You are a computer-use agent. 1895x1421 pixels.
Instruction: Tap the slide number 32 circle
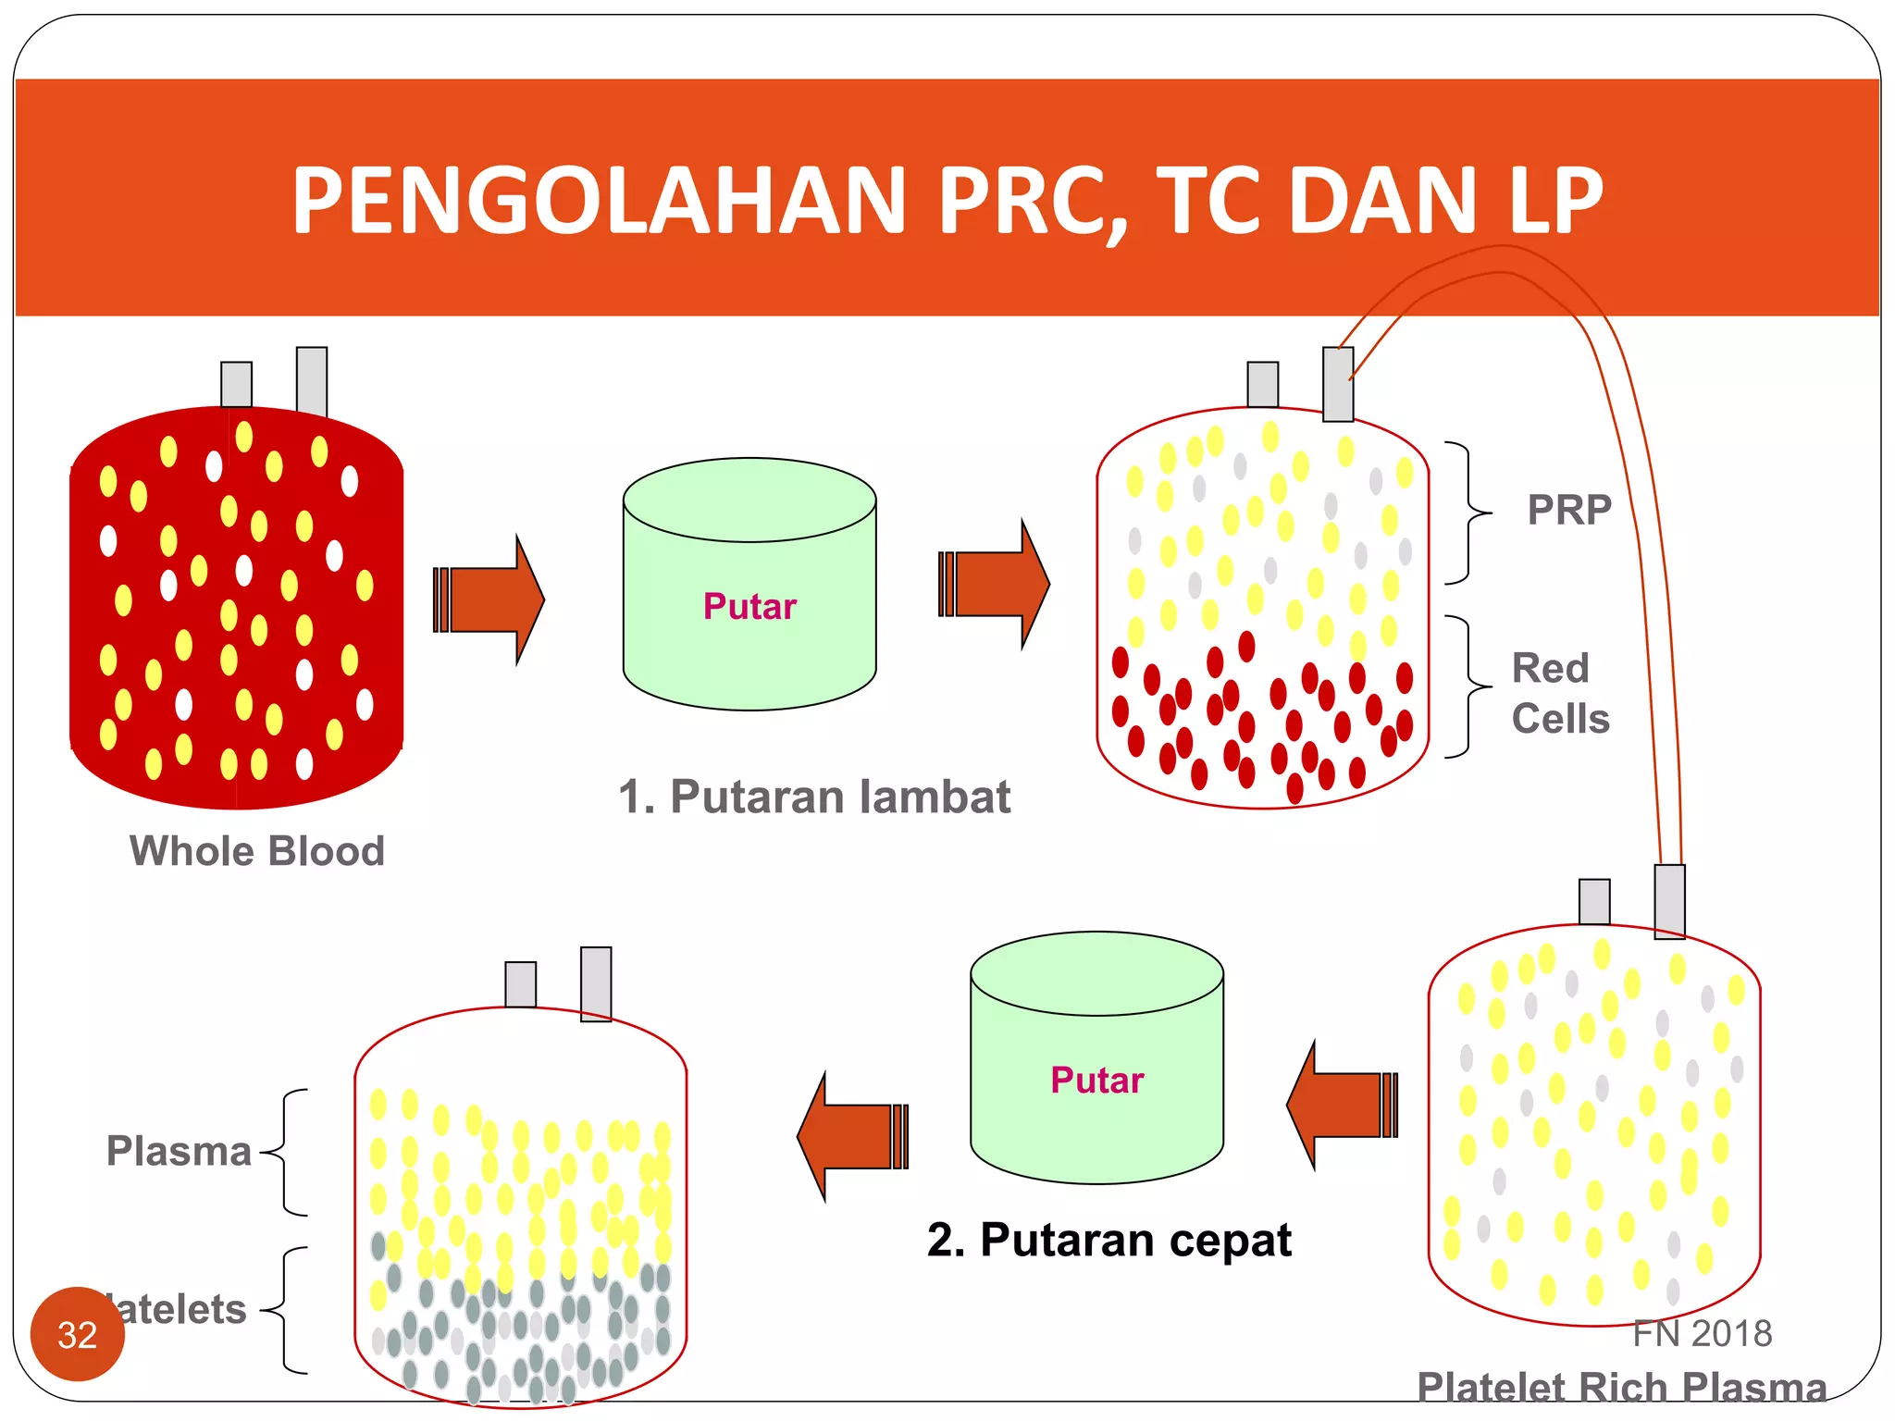77,1334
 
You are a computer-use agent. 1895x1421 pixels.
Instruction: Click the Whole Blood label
256,851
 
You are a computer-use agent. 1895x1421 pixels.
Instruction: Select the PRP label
1569,510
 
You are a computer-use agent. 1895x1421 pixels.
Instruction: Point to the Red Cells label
1560,693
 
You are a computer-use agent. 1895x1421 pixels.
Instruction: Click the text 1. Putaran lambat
814,797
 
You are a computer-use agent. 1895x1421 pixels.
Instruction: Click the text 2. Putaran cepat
1109,1240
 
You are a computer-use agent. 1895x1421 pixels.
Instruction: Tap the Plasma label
179,1151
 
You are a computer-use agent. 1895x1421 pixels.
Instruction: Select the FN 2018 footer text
1702,1333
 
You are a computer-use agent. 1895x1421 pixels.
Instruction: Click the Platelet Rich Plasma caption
1621,1387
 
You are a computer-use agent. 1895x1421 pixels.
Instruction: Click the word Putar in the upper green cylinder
749,607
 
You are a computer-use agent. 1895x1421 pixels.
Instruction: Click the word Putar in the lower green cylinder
1097,1081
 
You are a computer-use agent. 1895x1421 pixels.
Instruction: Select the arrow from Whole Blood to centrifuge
489,599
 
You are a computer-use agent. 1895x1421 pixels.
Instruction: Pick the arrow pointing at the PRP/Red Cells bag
995,585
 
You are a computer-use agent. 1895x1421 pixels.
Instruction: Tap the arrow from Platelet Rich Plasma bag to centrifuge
1342,1105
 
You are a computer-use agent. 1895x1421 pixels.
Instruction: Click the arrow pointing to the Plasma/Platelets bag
852,1136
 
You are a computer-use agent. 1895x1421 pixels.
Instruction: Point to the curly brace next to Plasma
288,1152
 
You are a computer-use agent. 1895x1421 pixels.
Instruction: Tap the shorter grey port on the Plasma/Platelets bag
521,984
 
